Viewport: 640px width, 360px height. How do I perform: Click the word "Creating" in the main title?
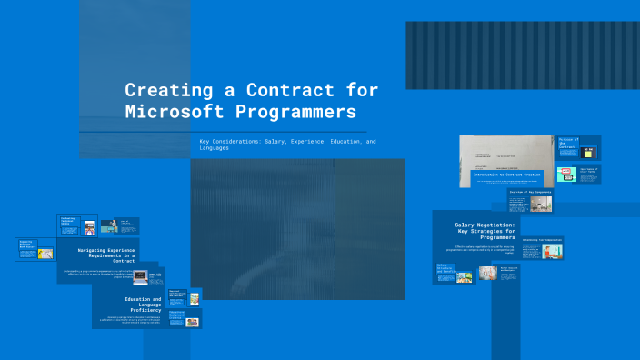pos(163,91)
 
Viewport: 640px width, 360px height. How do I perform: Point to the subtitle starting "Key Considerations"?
pos(287,145)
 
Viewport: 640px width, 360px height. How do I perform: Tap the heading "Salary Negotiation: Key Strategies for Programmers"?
pos(485,232)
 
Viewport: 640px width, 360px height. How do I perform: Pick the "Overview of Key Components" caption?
pos(528,193)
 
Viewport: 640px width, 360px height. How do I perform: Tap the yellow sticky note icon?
pos(589,152)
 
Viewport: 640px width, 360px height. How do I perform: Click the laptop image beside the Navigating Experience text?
pos(140,275)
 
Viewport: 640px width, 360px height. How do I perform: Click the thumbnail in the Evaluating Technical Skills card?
pos(89,227)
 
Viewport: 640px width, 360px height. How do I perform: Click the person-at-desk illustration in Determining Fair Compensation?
pos(552,251)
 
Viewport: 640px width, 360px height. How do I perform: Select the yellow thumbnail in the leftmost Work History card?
pos(45,254)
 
